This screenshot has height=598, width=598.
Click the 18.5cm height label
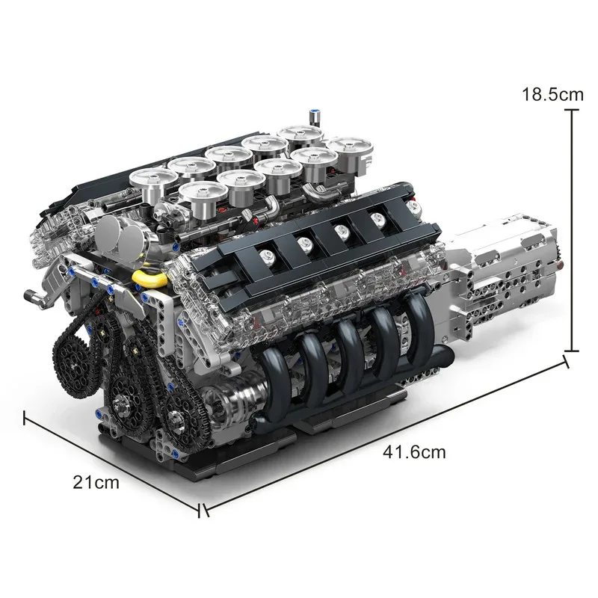552,95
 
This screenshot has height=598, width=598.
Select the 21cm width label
96,482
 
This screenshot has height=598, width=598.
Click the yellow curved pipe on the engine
147,278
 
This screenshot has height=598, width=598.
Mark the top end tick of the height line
572,110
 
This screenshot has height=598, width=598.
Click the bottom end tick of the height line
572,351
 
